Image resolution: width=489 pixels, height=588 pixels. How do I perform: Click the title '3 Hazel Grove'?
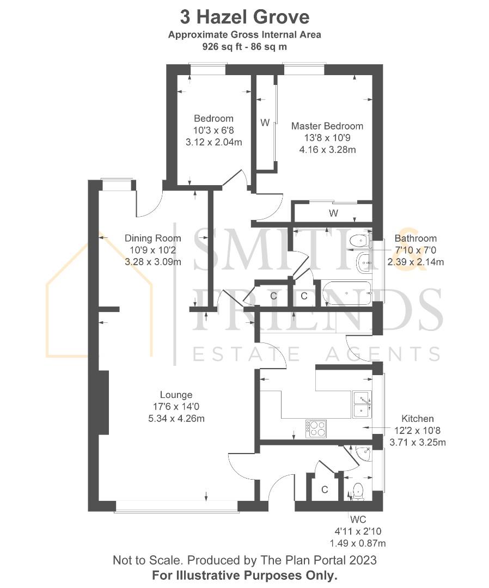pyautogui.click(x=244, y=17)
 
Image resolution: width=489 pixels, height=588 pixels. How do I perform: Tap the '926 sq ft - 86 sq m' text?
pyautogui.click(x=244, y=47)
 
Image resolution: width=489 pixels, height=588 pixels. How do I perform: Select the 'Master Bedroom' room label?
pyautogui.click(x=327, y=126)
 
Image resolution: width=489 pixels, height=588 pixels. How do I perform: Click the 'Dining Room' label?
pyautogui.click(x=152, y=238)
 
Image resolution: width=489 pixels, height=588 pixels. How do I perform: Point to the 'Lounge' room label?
pyautogui.click(x=176, y=395)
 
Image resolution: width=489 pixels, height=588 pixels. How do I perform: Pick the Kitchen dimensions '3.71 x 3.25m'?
pyautogui.click(x=417, y=443)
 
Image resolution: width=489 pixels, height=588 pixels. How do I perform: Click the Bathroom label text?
pyautogui.click(x=415, y=238)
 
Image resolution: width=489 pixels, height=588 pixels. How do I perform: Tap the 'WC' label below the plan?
pyautogui.click(x=358, y=519)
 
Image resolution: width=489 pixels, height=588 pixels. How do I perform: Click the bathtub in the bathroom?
pyautogui.click(x=346, y=293)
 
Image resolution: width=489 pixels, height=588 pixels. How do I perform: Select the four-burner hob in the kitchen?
pyautogui.click(x=316, y=428)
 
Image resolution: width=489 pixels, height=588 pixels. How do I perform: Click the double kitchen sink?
pyautogui.click(x=362, y=405)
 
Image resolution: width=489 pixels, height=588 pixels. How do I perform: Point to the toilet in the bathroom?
pyautogui.click(x=359, y=241)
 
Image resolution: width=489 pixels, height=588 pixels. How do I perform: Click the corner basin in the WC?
pyautogui.click(x=363, y=454)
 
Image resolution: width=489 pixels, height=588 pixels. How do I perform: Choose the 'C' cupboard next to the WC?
pyautogui.click(x=325, y=489)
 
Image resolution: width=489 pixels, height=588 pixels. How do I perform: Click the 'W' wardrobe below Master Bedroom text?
pyautogui.click(x=333, y=213)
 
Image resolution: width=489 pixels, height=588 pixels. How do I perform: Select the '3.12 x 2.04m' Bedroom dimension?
pyautogui.click(x=214, y=142)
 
